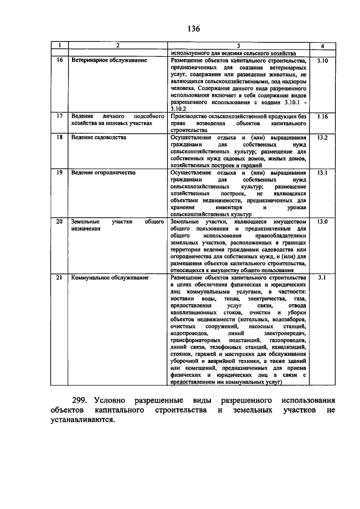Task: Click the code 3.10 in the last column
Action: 322,59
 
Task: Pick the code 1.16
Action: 322,116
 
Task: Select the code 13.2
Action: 322,138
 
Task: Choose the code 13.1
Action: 322,173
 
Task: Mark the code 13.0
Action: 322,223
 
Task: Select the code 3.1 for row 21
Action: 322,277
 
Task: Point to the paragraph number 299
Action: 89,400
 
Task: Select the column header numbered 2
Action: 118,45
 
